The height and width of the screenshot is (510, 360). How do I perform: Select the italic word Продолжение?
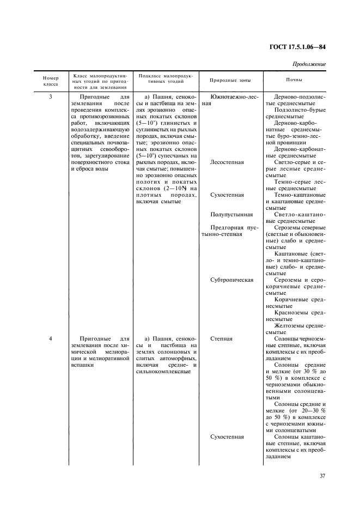309,64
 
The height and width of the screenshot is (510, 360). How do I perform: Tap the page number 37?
322,476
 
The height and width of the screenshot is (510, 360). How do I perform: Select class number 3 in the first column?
51,96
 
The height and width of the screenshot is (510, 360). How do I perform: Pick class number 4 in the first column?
51,338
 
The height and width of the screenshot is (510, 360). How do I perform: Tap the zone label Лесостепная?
227,162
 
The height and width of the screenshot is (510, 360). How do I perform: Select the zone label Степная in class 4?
222,338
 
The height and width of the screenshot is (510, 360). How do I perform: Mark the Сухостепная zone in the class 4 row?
227,436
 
